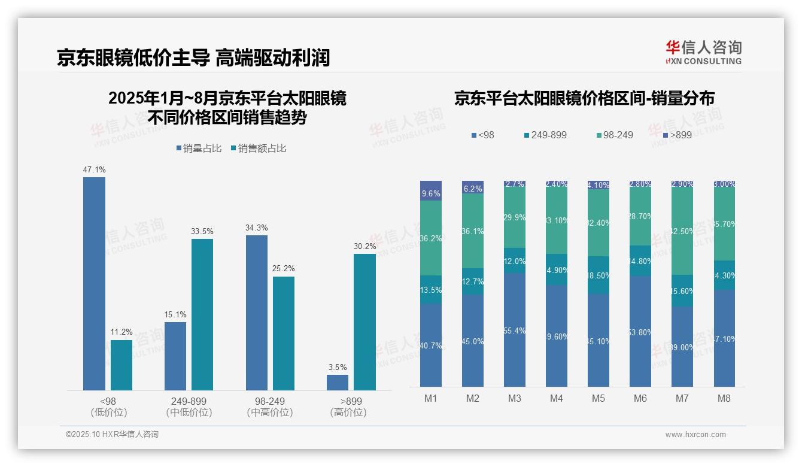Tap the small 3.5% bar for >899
pos(338,383)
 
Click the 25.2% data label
pos(284,268)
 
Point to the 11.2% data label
pos(121,332)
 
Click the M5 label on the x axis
pos(599,398)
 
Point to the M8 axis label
pos(724,398)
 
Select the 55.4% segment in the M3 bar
pos(515,330)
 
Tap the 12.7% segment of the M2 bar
pos(473,281)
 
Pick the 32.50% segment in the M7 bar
pos(682,231)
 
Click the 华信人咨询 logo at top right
pos(703,52)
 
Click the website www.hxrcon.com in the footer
pos(695,435)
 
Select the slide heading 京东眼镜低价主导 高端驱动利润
pos(193,57)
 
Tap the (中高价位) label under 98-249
pos(269,413)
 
